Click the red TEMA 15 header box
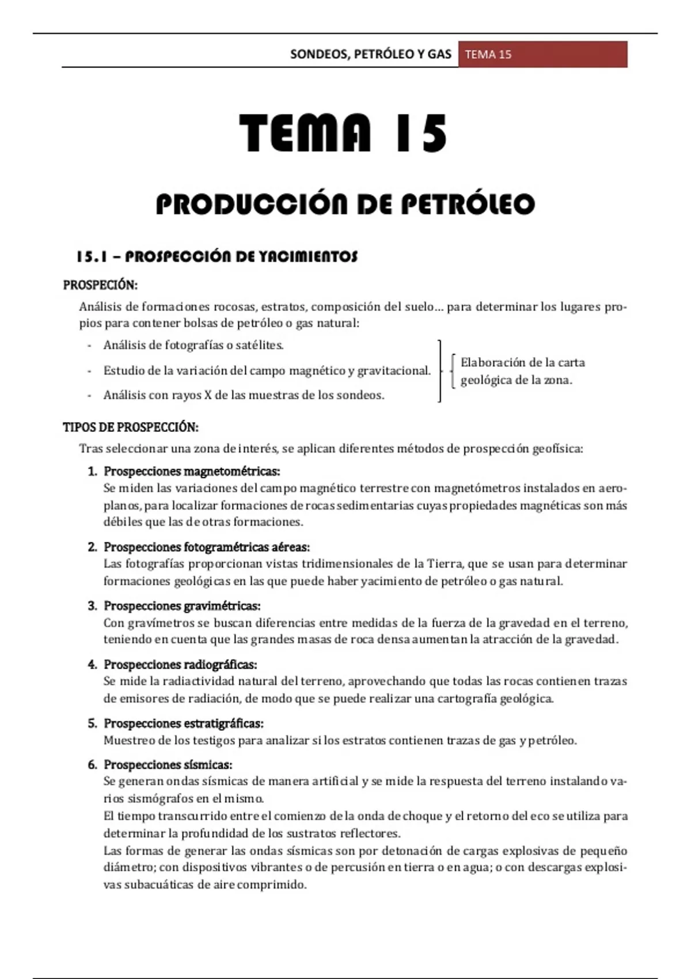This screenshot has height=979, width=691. (542, 55)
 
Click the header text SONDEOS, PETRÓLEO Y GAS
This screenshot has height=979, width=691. (370, 55)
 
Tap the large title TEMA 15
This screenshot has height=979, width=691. (344, 134)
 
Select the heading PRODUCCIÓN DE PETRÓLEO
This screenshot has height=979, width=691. (345, 204)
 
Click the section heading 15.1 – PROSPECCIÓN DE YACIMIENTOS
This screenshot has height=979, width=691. (217, 257)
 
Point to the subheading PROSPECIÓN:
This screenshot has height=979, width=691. (100, 285)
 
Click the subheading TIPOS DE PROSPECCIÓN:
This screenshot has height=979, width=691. (130, 427)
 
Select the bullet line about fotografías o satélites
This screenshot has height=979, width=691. (193, 346)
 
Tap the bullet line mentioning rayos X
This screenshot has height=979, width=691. (244, 395)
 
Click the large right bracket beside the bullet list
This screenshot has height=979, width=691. (440, 371)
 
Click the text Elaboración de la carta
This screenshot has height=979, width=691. (522, 363)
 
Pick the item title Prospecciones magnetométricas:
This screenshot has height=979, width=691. (192, 472)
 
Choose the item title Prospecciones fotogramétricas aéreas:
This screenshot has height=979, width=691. (206, 547)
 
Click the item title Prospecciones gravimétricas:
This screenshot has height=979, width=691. (182, 606)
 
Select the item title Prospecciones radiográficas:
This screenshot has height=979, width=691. (180, 665)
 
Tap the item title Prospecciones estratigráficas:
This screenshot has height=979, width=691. (183, 723)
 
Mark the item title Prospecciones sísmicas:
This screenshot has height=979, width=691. (168, 765)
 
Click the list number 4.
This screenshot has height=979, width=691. (92, 665)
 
